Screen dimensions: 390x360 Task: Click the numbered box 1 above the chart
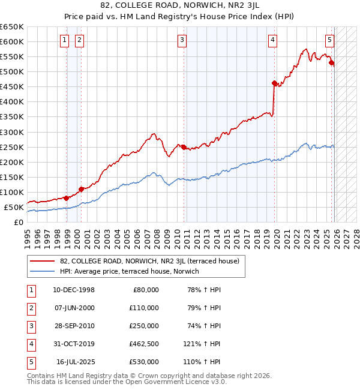tap(64, 40)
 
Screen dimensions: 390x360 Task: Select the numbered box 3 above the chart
tap(182, 40)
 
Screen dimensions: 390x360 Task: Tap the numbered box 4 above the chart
tap(272, 40)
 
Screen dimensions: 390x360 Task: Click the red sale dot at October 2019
tap(274, 83)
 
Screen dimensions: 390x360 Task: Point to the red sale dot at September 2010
tap(184, 147)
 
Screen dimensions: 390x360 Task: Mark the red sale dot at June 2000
tap(80, 189)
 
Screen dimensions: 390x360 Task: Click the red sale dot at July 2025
tap(332, 62)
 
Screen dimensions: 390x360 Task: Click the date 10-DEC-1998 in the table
tap(74, 290)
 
